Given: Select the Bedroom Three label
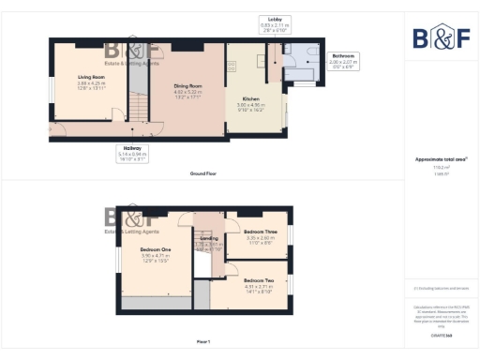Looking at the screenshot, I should pos(259,231).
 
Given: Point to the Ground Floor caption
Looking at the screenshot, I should pos(203,174).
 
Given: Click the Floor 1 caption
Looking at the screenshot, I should pos(202,340).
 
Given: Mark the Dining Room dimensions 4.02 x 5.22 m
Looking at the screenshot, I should pos(187,93).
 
